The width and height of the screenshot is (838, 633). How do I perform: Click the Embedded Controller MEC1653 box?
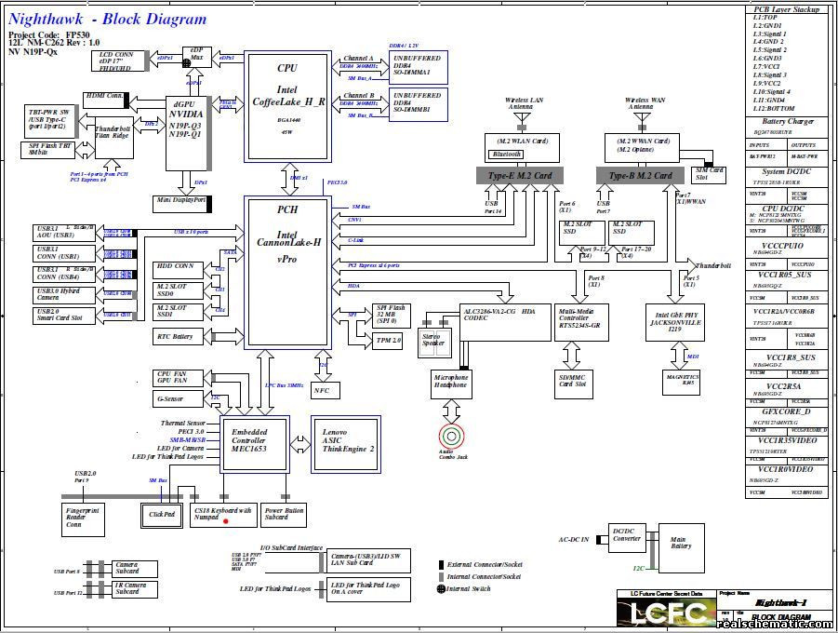[249, 441]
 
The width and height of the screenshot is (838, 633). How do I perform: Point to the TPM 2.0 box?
[388, 341]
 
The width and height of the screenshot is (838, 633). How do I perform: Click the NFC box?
[322, 391]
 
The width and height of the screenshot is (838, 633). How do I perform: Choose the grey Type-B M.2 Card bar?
[640, 175]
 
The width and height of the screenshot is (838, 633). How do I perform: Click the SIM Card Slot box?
[710, 173]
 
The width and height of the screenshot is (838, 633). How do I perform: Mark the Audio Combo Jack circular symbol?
[452, 435]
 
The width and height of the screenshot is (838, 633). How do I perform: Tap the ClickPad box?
[162, 514]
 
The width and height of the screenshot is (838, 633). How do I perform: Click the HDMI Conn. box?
[104, 96]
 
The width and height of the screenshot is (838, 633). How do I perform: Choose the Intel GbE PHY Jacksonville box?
[675, 322]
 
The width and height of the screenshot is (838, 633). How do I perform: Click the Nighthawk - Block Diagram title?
[108, 19]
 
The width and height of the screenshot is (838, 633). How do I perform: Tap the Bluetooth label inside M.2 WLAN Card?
[508, 154]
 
